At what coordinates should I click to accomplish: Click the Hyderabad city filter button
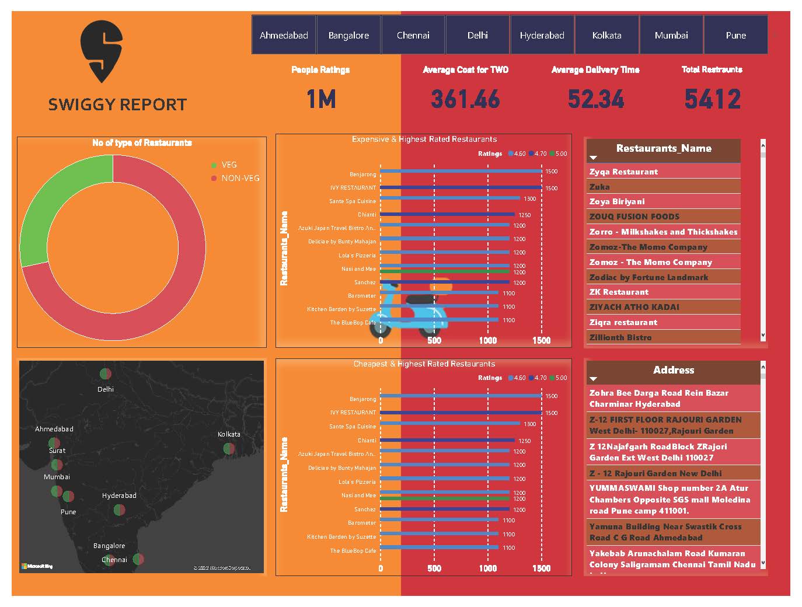[x=542, y=35]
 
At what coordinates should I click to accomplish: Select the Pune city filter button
[x=735, y=35]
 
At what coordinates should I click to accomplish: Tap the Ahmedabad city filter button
[x=284, y=35]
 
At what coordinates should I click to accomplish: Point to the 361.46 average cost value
[x=465, y=99]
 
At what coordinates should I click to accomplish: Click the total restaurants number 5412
[x=712, y=99]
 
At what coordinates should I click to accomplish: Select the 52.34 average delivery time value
[x=595, y=99]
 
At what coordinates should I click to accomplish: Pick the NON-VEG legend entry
[x=240, y=178]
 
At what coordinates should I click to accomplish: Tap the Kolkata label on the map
[x=229, y=434]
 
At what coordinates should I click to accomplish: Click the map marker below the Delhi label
[x=105, y=374]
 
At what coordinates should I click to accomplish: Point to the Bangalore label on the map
[x=109, y=546]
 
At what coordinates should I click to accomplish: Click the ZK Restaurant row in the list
[x=619, y=292]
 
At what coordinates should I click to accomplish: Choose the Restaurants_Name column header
[x=664, y=149]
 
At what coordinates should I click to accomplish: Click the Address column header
[x=674, y=370]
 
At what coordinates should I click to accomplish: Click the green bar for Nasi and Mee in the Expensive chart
[x=445, y=272]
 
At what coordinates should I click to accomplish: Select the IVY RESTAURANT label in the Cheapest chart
[x=353, y=413]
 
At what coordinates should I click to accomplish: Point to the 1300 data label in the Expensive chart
[x=529, y=199]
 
